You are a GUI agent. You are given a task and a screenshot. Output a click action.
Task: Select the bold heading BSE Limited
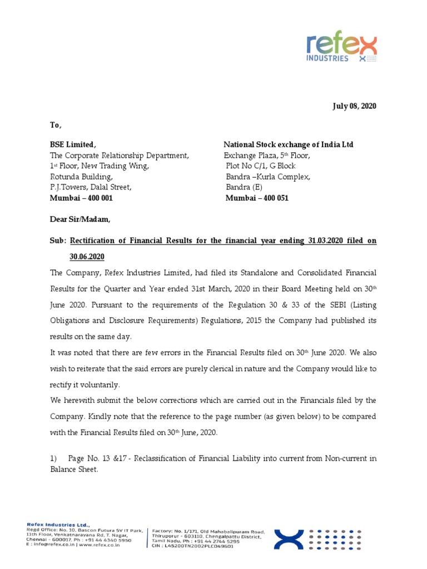pyautogui.click(x=73, y=144)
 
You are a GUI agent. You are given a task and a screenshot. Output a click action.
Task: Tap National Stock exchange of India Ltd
pyautogui.click(x=288, y=144)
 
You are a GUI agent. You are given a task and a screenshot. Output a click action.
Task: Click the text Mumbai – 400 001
pyautogui.click(x=82, y=198)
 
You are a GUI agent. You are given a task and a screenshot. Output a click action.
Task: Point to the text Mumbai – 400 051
pyautogui.click(x=257, y=198)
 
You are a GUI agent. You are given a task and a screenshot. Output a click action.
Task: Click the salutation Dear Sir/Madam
pyautogui.click(x=80, y=219)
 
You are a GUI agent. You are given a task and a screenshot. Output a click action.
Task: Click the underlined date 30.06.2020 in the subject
pyautogui.click(x=86, y=257)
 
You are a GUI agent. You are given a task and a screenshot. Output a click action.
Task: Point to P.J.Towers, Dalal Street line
pyautogui.click(x=91, y=187)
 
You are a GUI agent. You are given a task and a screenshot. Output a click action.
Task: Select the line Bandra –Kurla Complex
pyautogui.click(x=267, y=177)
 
